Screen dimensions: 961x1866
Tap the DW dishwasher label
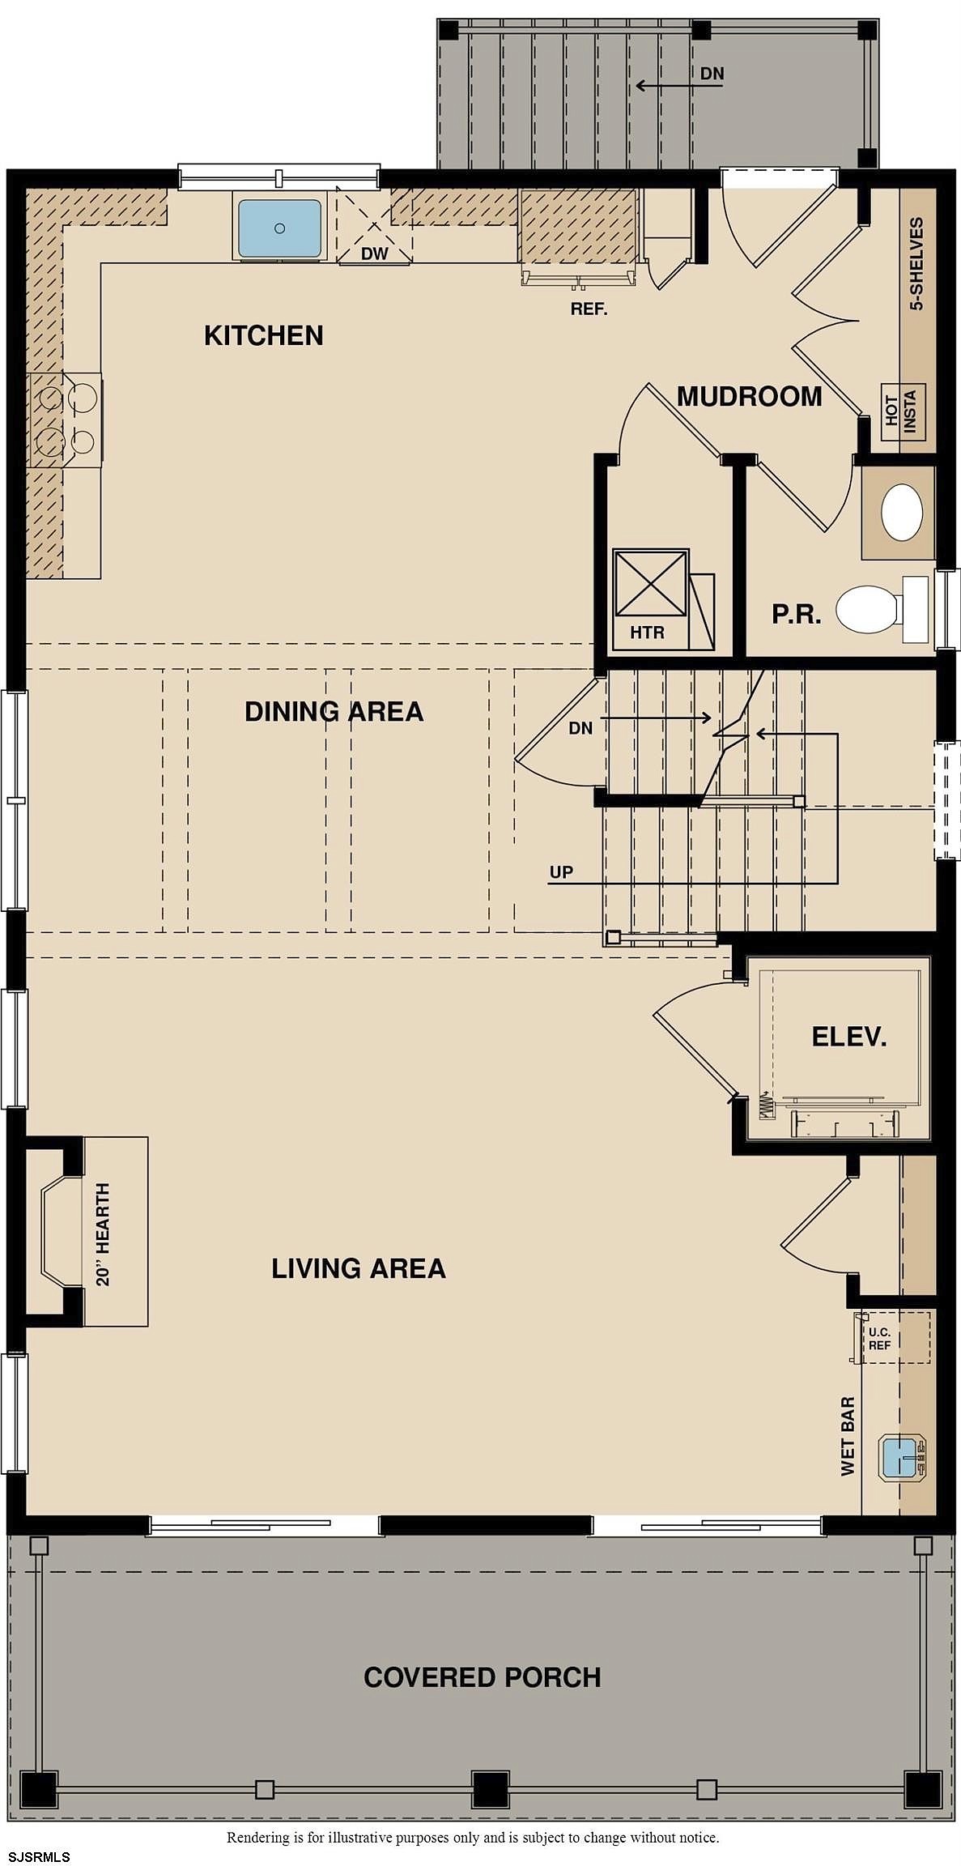[x=375, y=253]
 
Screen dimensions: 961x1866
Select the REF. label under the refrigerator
[x=589, y=309]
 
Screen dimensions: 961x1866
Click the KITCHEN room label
[x=264, y=335]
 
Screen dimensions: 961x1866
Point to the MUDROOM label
[x=750, y=396]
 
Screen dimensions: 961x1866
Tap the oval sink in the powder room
[x=902, y=512]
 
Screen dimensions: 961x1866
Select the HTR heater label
[x=648, y=632]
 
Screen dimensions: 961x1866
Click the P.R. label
[x=797, y=614]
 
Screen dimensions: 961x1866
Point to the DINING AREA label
[x=334, y=711]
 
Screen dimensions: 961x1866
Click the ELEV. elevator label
[x=849, y=1037]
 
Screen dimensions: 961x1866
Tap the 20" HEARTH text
[x=103, y=1233]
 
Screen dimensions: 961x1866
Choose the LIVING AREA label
[x=359, y=1267]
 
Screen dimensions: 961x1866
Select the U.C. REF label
[x=880, y=1338]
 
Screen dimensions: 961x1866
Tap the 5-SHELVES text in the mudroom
[x=916, y=263]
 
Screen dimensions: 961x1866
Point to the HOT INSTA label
[x=901, y=411]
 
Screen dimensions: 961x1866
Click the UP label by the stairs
[x=561, y=872]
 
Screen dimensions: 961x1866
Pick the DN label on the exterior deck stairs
[x=712, y=74]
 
